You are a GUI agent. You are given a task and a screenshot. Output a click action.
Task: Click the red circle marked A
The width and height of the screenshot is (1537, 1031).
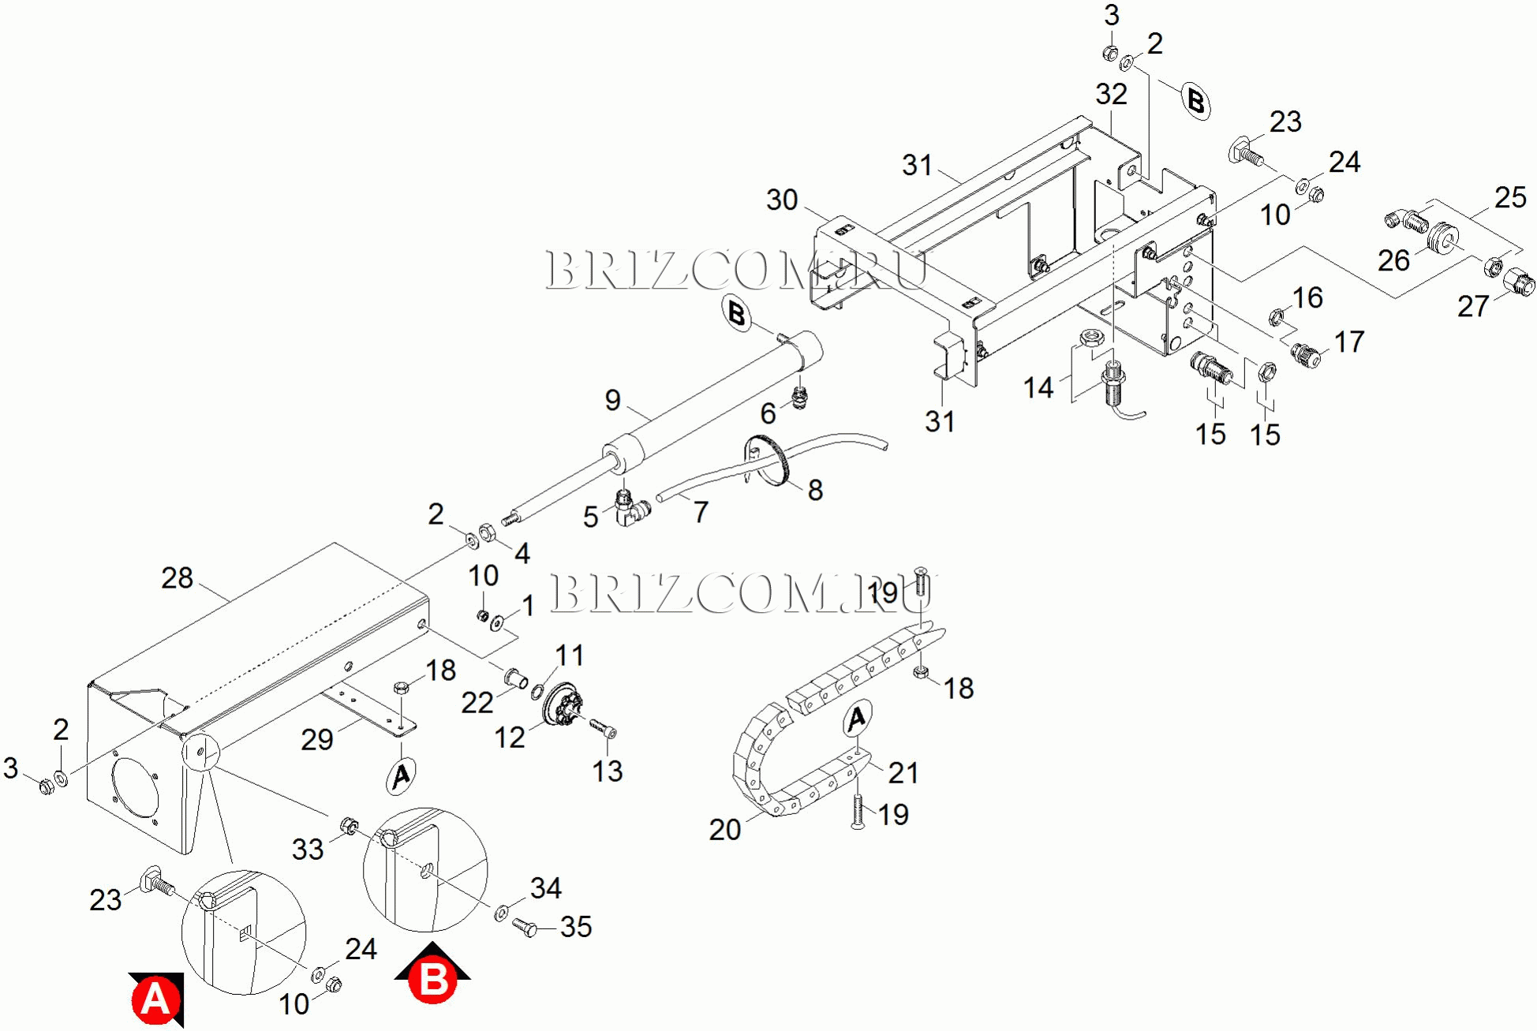155,1000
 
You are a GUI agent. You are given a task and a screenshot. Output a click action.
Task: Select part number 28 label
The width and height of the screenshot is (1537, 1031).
177,578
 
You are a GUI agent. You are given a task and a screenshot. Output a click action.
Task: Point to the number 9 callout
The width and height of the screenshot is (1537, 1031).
612,400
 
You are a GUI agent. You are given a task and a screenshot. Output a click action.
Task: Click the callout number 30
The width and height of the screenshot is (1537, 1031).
782,200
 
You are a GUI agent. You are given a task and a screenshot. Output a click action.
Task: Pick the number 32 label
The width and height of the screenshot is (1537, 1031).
1111,95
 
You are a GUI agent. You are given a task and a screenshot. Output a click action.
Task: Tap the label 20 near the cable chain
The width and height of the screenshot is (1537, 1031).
724,829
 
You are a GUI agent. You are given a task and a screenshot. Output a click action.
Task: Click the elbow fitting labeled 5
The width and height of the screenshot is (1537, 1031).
629,508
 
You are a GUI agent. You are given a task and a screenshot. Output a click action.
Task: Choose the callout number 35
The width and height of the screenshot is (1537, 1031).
576,927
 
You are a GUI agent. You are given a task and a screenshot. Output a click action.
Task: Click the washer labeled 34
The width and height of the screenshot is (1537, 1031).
502,913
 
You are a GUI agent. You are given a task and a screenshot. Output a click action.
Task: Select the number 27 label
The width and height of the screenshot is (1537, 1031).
1472,306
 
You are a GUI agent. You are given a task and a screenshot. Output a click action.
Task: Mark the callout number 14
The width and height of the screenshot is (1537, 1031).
1038,387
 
